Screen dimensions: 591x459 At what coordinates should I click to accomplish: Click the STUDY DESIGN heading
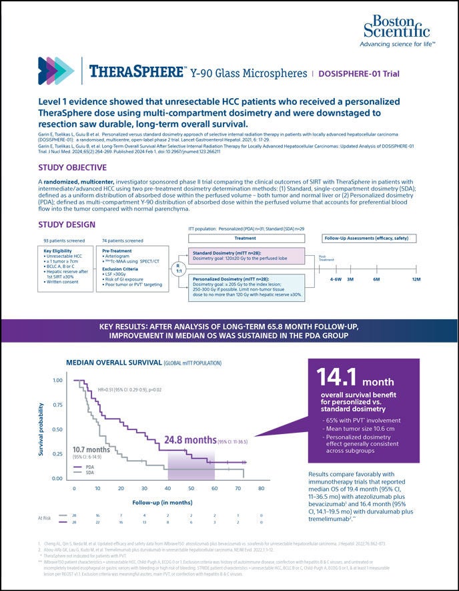coord(67,224)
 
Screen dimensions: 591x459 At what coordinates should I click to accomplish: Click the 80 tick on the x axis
coord(261,488)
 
